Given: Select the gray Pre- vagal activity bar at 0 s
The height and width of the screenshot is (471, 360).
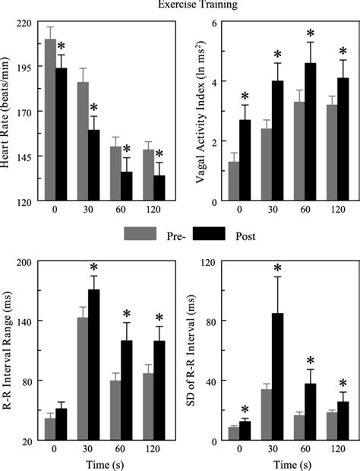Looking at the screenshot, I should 234,182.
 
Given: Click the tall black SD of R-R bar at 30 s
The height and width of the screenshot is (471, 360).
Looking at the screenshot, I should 278,377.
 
